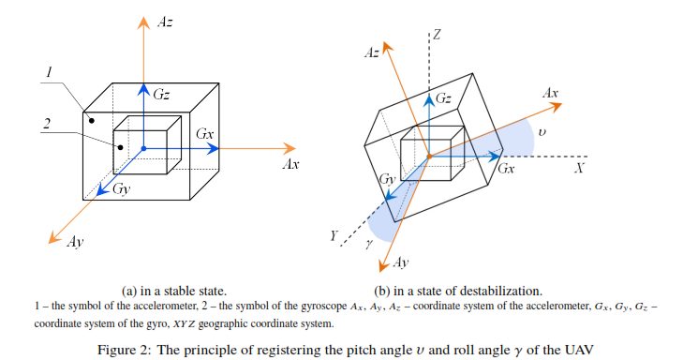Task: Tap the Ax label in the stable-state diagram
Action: pos(290,165)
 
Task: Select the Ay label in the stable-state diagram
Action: pos(75,242)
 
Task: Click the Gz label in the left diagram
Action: pos(161,94)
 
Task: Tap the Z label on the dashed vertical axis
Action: pos(437,35)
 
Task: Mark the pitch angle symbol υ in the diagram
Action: pos(542,133)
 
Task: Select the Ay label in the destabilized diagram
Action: pos(400,263)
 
